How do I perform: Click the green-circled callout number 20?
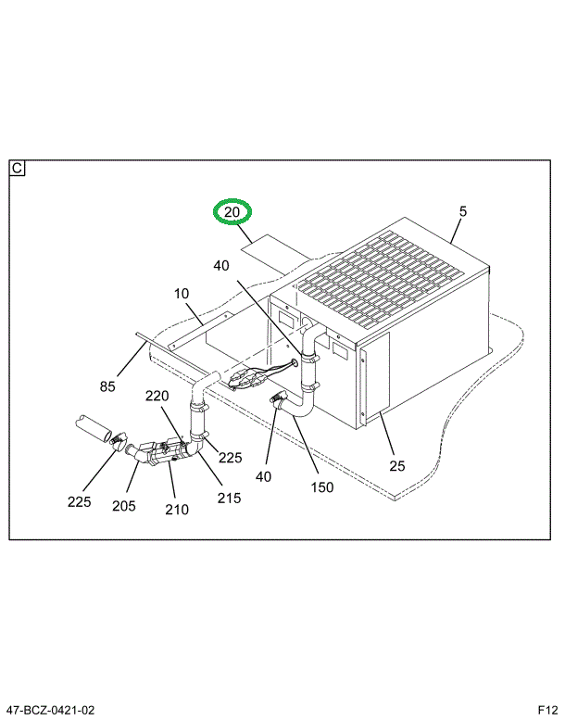[232, 213]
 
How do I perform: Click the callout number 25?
[396, 465]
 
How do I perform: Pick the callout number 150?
[321, 486]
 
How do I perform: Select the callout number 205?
[123, 505]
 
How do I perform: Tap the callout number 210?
[176, 509]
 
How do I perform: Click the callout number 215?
[229, 498]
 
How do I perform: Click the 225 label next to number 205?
[79, 503]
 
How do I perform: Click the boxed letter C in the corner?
[18, 169]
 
